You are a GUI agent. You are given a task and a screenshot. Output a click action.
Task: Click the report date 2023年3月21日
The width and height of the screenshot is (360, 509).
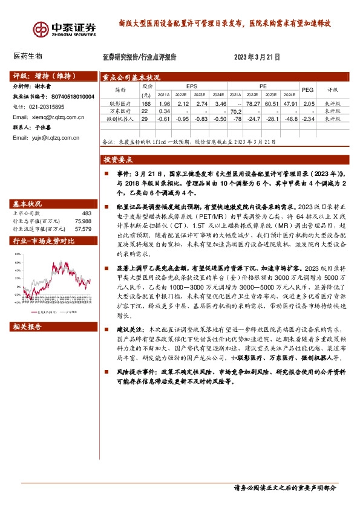(x=257, y=58)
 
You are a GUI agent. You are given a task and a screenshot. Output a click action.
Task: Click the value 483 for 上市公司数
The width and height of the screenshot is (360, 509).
(x=86, y=213)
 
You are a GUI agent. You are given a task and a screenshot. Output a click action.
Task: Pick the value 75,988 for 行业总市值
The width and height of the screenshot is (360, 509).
(x=83, y=221)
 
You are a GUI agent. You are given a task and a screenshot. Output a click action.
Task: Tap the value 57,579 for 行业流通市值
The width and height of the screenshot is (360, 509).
(x=83, y=229)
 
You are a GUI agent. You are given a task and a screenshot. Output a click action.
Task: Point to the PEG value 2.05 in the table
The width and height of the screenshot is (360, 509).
(x=309, y=105)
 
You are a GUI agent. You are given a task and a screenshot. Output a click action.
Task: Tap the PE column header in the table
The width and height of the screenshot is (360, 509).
(x=263, y=86)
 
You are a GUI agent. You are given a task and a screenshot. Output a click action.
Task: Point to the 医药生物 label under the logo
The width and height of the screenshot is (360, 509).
(x=27, y=56)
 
